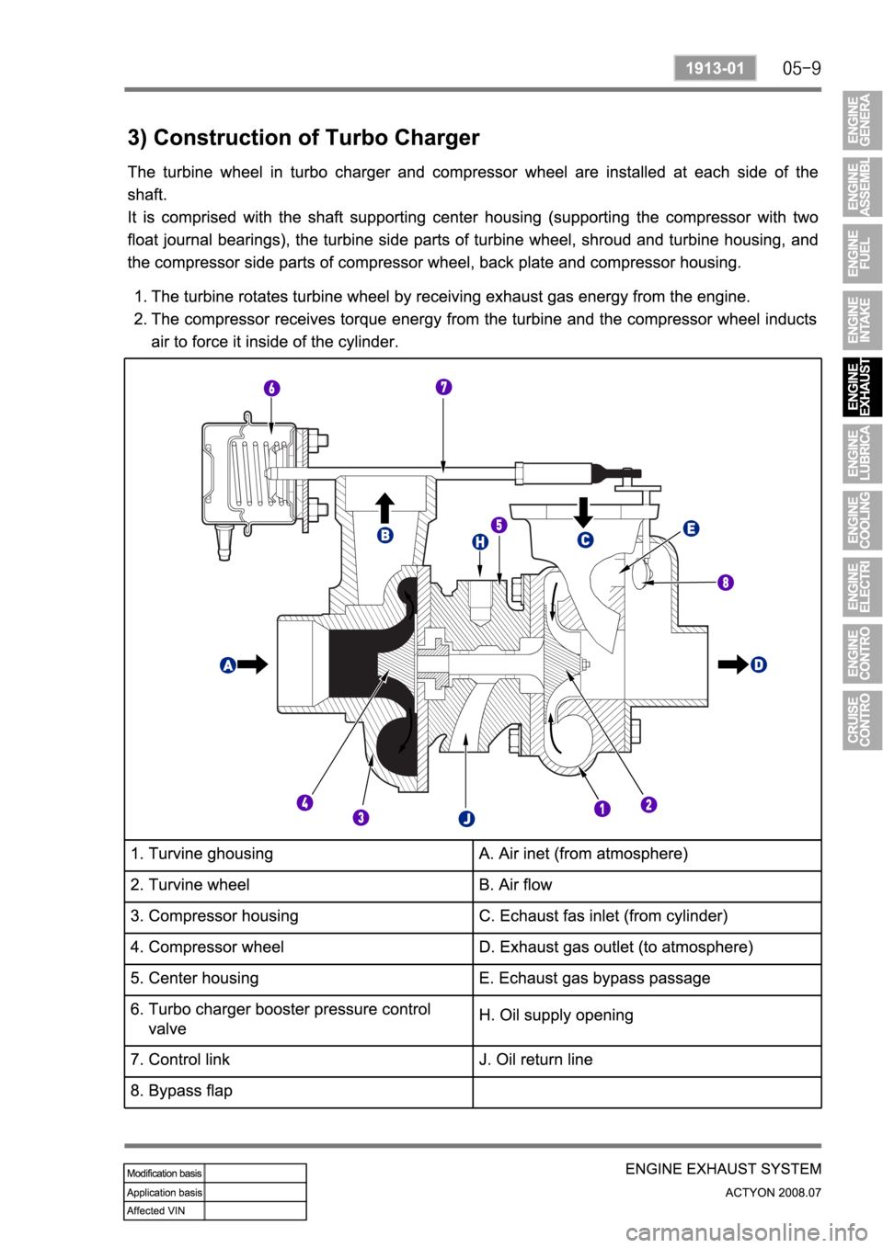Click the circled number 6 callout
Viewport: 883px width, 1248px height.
click(x=271, y=389)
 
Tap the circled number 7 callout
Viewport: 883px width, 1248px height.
click(x=444, y=387)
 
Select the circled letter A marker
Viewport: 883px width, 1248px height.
click(x=228, y=664)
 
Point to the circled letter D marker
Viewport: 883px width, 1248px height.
click(x=758, y=664)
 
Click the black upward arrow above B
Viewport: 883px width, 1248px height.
click(x=385, y=508)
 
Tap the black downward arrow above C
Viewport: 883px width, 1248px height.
click(x=583, y=513)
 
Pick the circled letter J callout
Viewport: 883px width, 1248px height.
click(x=466, y=818)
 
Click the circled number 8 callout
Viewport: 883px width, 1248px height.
click(x=726, y=583)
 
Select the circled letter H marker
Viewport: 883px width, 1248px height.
click(x=480, y=542)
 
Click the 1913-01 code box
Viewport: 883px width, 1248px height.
click(x=715, y=68)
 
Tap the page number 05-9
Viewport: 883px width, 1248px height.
click(x=801, y=68)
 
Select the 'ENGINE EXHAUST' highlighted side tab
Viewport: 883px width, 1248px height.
click(x=862, y=387)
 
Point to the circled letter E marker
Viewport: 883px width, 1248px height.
click(x=691, y=528)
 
